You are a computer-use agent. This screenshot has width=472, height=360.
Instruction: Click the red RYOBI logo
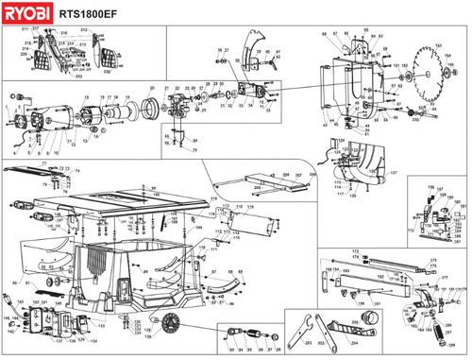click(25, 13)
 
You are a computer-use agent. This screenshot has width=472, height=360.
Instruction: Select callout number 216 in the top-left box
click(65, 36)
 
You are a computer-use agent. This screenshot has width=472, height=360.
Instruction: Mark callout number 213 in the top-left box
click(82, 30)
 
